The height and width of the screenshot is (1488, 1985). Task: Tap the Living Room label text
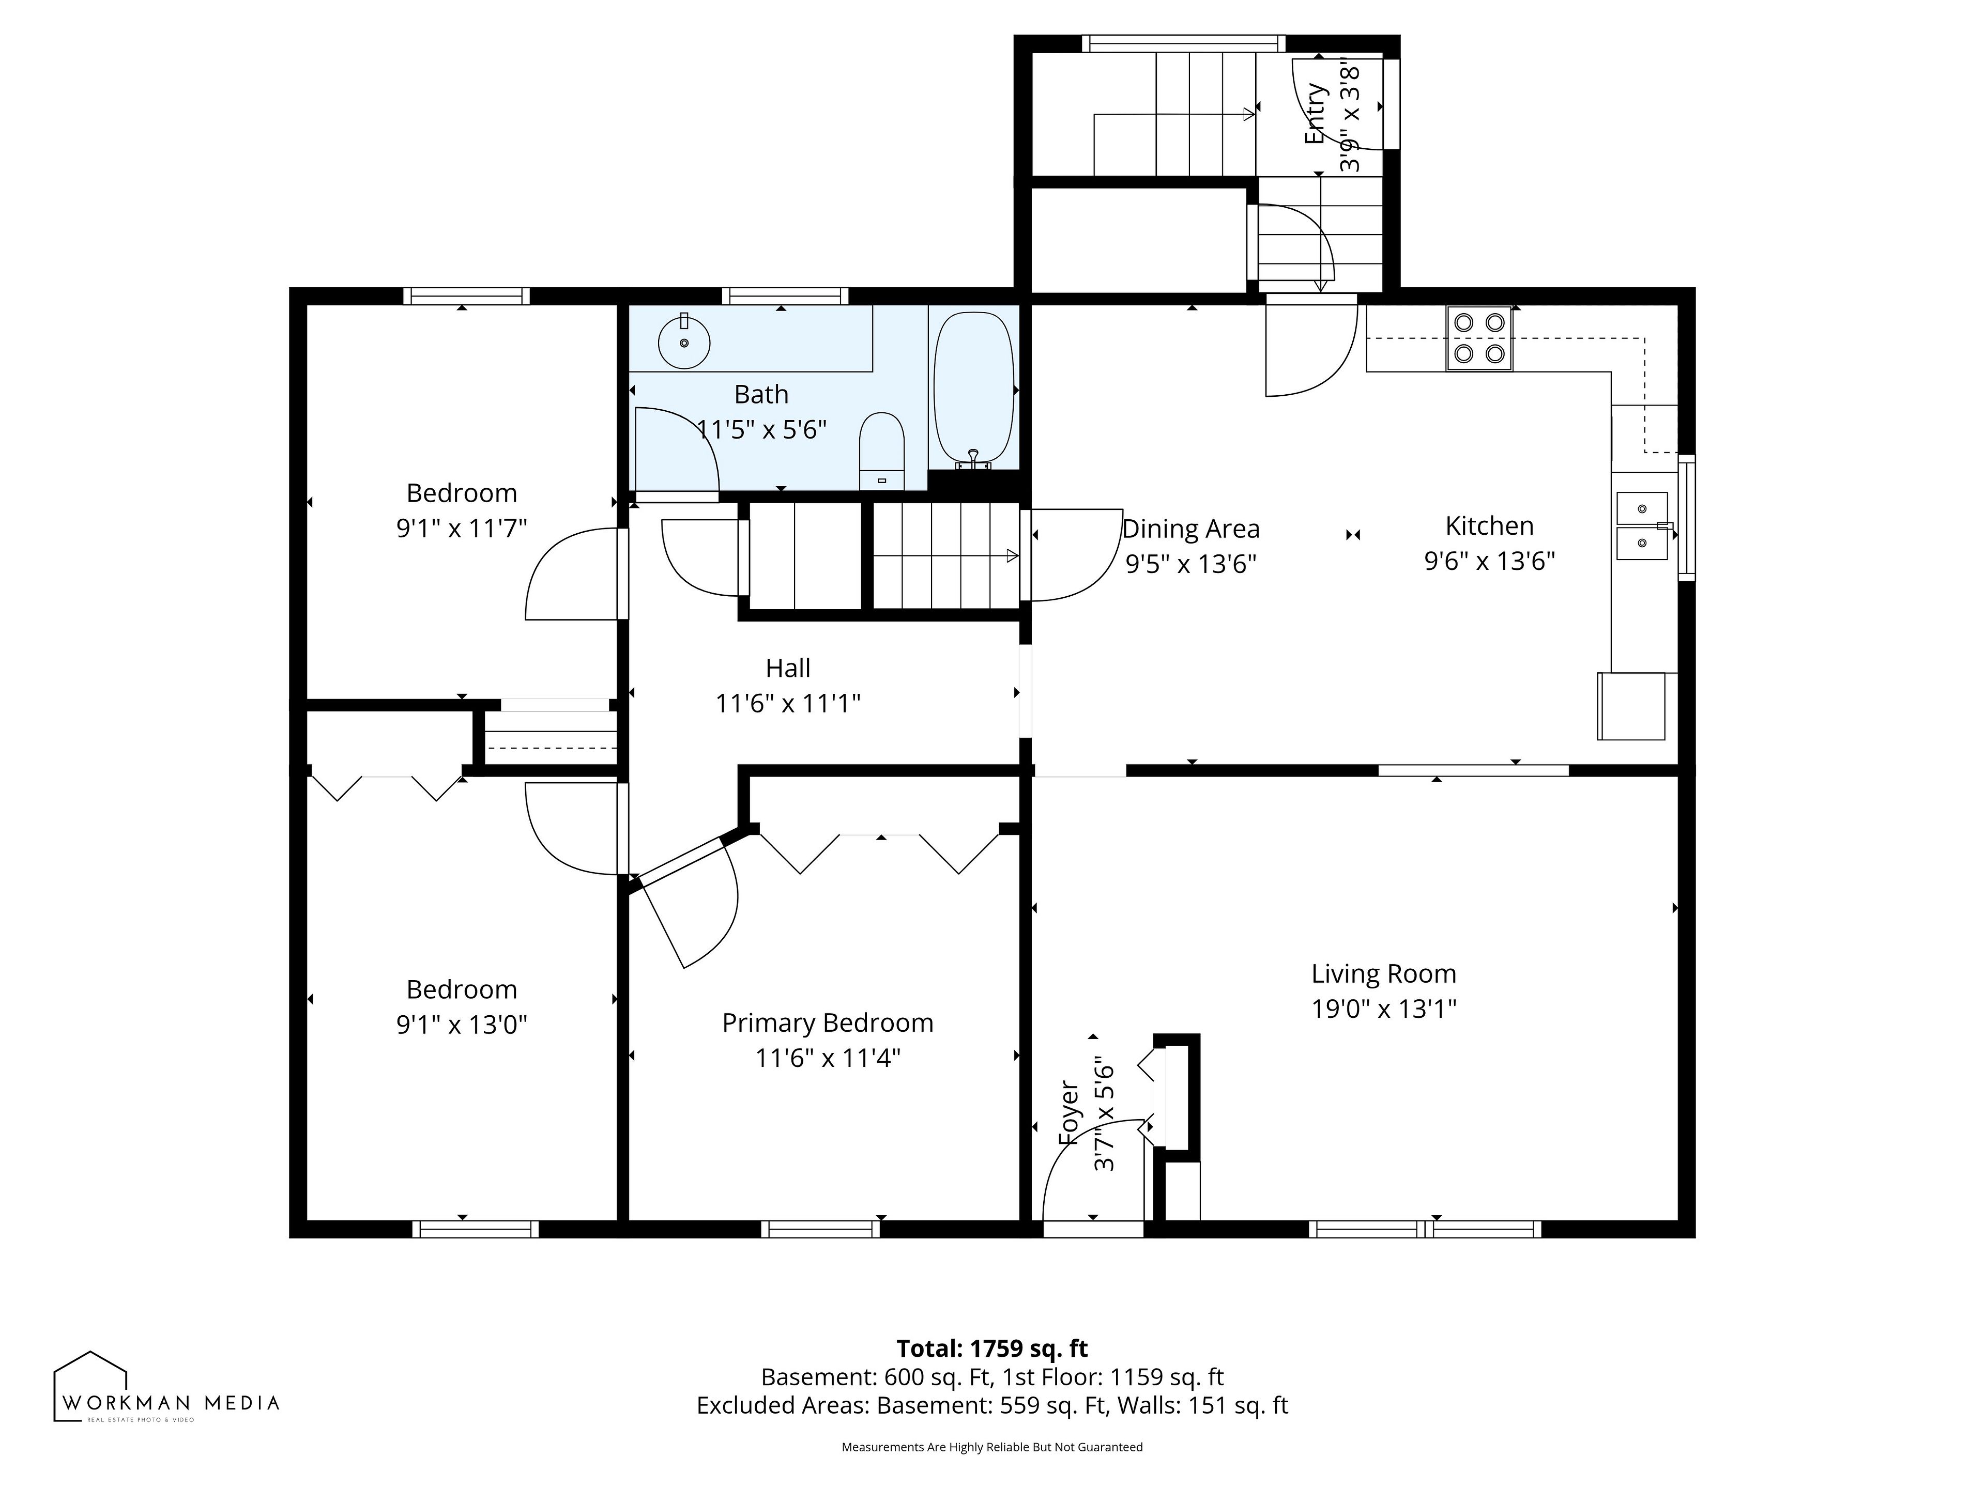1384,973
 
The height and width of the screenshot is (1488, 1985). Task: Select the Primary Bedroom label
828,1024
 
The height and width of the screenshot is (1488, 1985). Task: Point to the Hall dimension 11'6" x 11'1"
788,703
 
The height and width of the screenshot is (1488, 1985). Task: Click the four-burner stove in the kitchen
1479,338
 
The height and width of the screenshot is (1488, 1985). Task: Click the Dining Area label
1191,529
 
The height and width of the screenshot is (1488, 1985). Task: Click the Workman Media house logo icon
90,1386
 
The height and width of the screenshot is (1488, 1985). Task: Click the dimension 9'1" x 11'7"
461,528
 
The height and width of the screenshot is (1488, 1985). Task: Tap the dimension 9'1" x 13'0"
461,1024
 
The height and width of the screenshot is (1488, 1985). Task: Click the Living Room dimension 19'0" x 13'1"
1384,1009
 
